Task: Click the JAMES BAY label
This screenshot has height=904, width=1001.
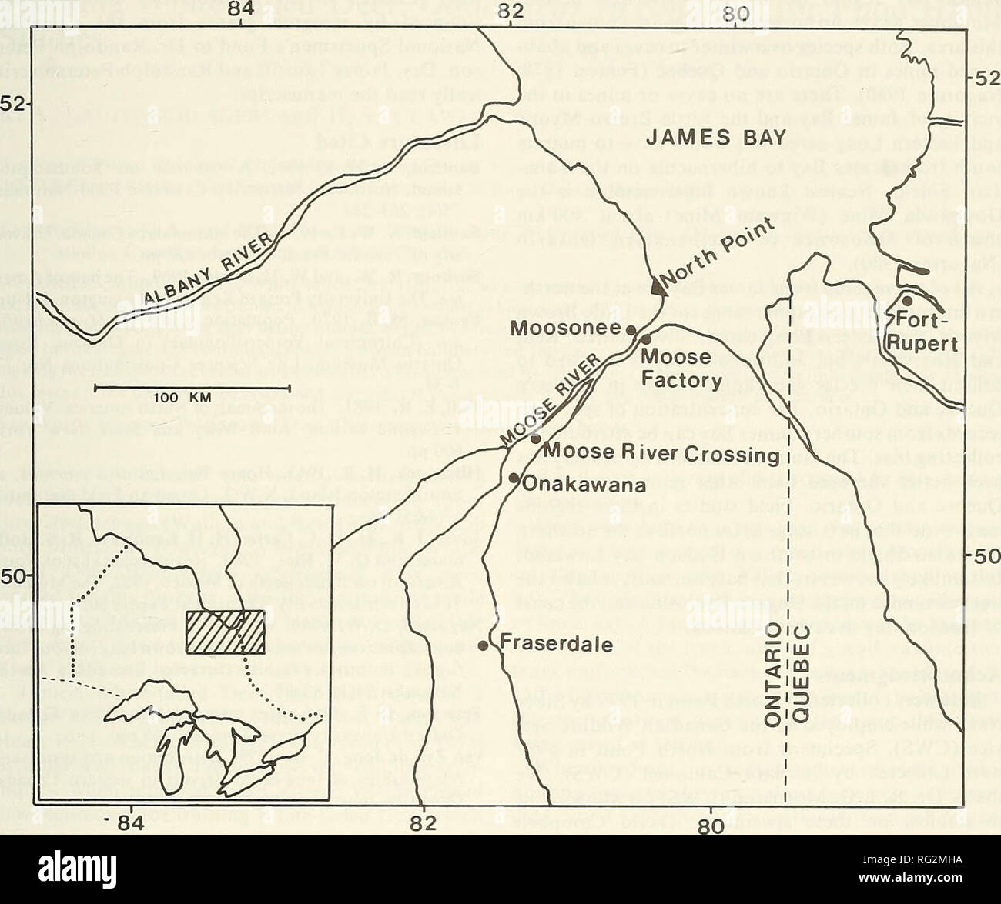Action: (716, 137)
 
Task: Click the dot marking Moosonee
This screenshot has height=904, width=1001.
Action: (631, 329)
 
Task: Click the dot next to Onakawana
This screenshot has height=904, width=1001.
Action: (513, 478)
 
